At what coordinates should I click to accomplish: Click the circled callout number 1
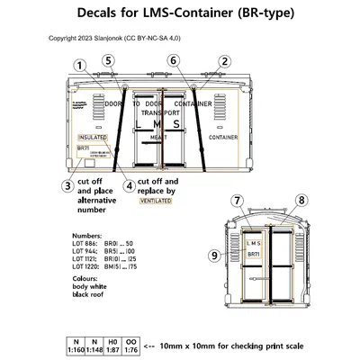pos(81,65)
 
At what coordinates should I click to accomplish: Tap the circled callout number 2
pos(222,62)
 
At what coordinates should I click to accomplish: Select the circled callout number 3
pos(67,186)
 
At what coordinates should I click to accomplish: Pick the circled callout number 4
pos(130,186)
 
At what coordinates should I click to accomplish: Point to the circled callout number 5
pos(108,61)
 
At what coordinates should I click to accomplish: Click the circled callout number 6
pos(174,61)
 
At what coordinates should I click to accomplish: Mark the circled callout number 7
pos(238,200)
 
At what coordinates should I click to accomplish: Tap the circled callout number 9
pos(213,256)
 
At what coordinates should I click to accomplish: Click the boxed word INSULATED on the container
pos(93,138)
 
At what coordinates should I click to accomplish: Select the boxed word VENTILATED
pos(156,203)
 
